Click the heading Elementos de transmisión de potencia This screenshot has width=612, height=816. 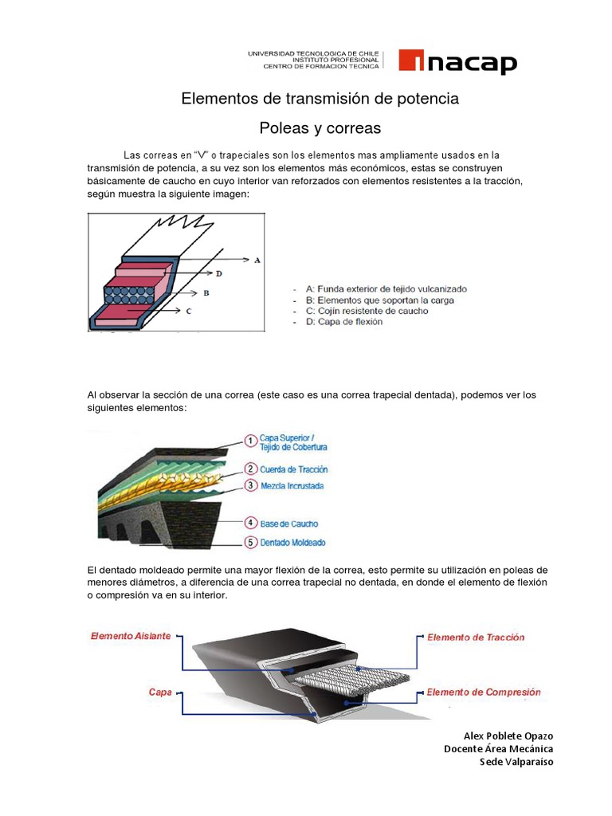point(320,99)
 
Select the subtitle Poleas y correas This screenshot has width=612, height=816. point(320,127)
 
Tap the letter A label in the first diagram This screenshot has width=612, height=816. point(257,260)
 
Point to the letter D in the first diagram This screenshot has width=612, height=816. point(218,274)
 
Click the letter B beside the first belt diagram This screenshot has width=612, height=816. point(206,293)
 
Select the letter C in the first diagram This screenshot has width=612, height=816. point(188,312)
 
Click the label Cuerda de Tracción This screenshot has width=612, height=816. point(293,469)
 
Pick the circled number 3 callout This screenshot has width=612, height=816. point(249,485)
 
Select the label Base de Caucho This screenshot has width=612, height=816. point(288,524)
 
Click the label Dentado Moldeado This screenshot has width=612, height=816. point(293,543)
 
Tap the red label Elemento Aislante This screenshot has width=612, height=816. point(130,636)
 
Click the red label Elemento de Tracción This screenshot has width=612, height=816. point(476,637)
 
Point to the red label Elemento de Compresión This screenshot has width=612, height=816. point(483,692)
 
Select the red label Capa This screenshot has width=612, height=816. point(160,692)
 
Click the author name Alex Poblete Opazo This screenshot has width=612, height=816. point(508,736)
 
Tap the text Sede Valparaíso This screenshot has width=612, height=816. point(516,761)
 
